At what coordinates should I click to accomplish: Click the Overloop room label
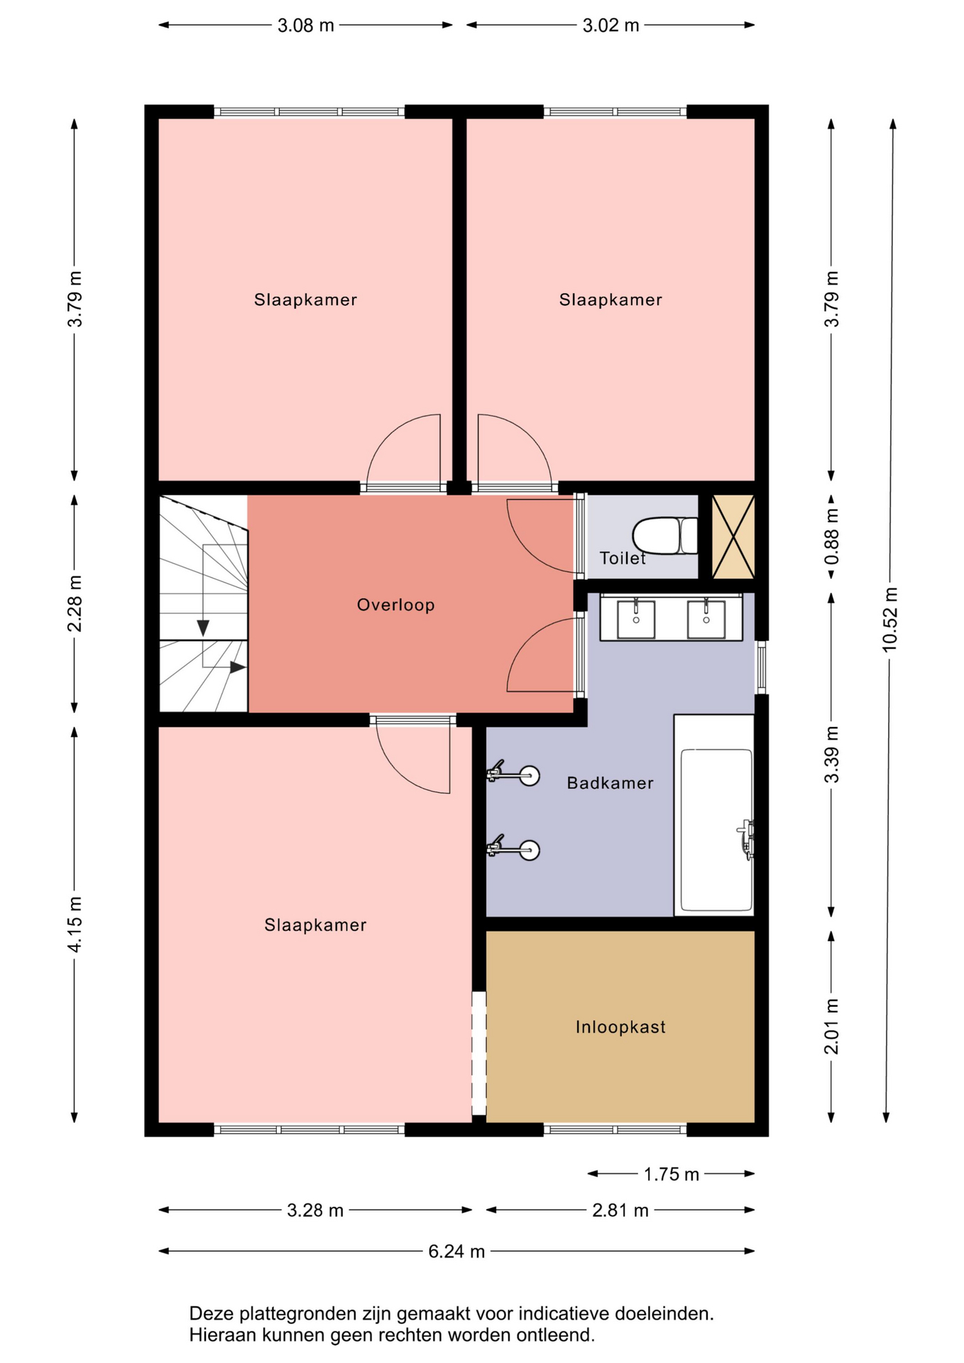(395, 605)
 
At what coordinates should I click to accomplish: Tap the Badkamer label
(610, 783)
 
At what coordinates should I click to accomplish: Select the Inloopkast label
(620, 1027)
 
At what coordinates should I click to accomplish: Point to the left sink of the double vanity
(636, 620)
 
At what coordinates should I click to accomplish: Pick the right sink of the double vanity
(706, 620)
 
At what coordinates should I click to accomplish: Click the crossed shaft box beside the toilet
(733, 537)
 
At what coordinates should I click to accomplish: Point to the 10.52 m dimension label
(890, 620)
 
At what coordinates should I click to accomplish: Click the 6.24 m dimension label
(456, 1251)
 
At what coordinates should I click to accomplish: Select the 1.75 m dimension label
(672, 1174)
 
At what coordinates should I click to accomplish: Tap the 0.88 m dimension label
(831, 537)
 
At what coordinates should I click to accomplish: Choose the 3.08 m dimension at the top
(305, 26)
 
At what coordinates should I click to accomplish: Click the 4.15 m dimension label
(75, 924)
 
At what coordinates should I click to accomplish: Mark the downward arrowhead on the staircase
(203, 628)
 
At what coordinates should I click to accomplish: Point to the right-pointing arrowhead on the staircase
(238, 667)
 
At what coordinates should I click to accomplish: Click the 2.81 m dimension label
(620, 1210)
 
